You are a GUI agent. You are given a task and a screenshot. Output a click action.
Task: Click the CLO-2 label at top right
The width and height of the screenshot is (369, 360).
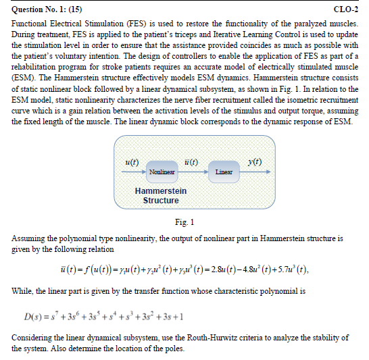click(x=346, y=9)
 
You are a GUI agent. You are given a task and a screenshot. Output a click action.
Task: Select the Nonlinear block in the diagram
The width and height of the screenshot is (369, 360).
click(x=162, y=172)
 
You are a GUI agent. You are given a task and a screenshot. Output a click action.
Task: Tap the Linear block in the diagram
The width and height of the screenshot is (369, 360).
click(x=224, y=172)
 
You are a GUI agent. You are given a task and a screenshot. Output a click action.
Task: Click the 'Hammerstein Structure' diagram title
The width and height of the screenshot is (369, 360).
click(x=161, y=196)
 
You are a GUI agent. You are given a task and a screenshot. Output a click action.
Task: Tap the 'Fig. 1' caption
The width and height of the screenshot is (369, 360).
click(x=184, y=222)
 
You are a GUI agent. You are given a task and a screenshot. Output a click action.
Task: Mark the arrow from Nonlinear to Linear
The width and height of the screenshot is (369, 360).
click(x=193, y=172)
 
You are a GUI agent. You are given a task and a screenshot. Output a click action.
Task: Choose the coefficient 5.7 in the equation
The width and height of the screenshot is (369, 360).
click(x=278, y=270)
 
